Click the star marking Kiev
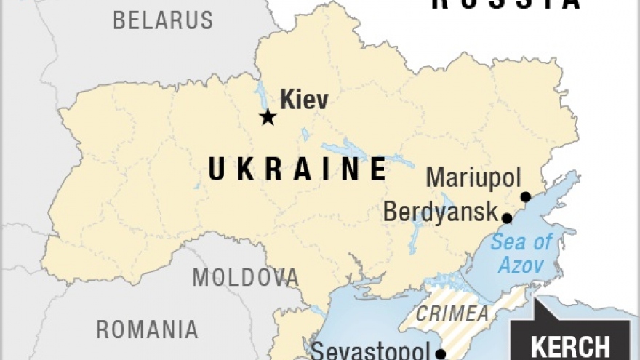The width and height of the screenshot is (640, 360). point(268,117)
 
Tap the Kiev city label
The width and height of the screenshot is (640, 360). point(304,100)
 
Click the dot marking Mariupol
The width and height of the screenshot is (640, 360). point(525,196)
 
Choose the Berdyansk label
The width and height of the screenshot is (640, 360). point(439,212)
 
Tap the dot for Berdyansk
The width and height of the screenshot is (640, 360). point(507,217)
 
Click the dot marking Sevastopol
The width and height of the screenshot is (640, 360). point(440,354)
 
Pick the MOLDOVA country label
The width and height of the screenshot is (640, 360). point(245,277)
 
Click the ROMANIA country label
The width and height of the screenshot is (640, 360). point(147,329)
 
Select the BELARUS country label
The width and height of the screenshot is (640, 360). point(163,20)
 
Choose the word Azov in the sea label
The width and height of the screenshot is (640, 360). point(521,265)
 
